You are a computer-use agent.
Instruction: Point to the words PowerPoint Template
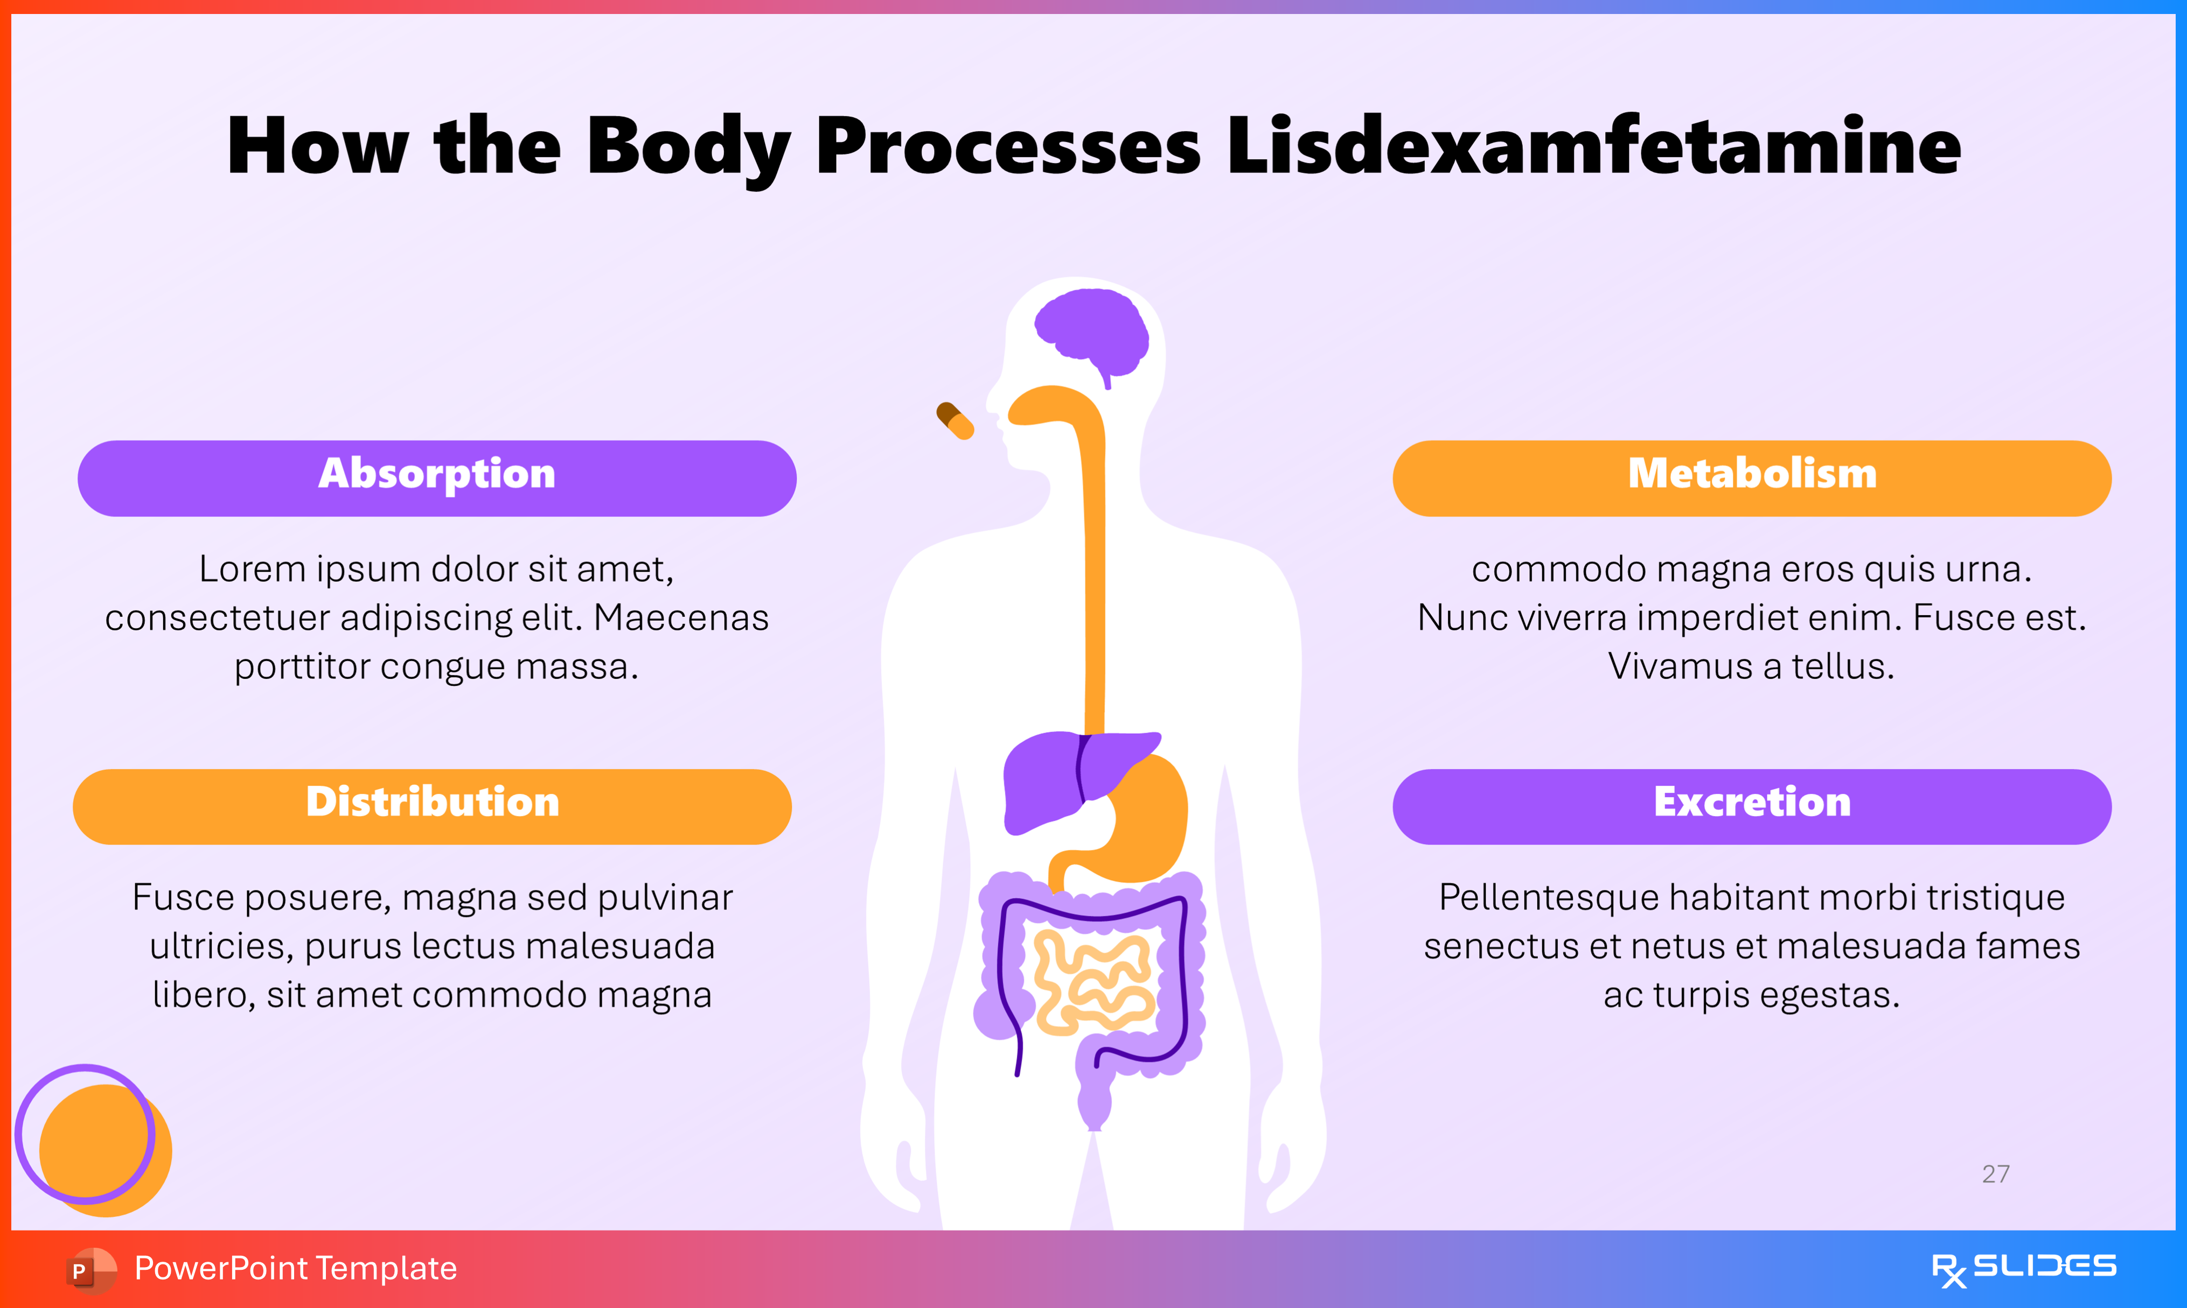tap(295, 1268)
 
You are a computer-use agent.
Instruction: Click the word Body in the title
tap(688, 147)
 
